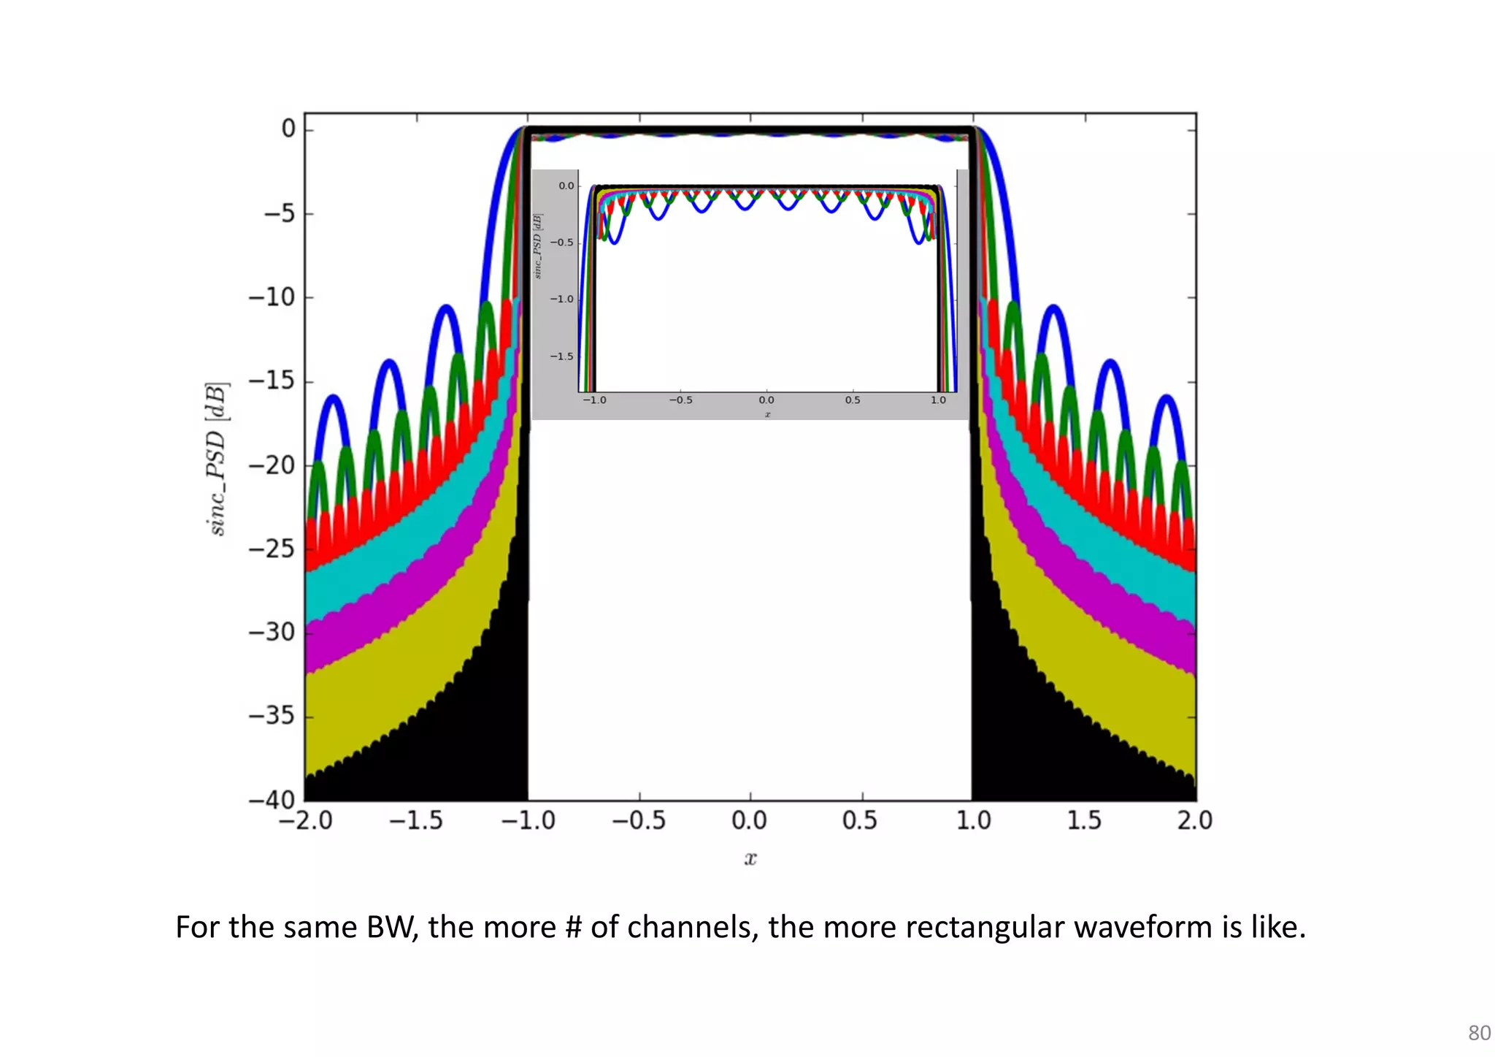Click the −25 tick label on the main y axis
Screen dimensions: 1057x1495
point(271,548)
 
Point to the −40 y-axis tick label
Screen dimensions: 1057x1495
point(271,799)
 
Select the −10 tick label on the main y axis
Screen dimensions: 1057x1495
point(271,297)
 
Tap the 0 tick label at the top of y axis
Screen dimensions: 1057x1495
point(288,129)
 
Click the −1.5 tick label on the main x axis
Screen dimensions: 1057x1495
point(415,820)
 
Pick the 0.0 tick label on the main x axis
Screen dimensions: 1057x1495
point(749,820)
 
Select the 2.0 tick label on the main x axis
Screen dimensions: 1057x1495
point(1194,820)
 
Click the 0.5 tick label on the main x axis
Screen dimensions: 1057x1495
point(860,820)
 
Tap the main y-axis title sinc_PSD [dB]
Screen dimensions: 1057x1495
point(217,459)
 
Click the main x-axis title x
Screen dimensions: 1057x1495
point(750,858)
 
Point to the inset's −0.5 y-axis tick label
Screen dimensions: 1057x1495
point(562,243)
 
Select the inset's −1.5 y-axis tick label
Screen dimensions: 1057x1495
point(562,356)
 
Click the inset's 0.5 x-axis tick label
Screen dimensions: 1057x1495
point(853,400)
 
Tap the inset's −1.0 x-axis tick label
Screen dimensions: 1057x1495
point(594,400)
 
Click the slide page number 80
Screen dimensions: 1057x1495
point(1479,1033)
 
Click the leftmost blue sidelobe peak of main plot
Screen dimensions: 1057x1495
point(334,398)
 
